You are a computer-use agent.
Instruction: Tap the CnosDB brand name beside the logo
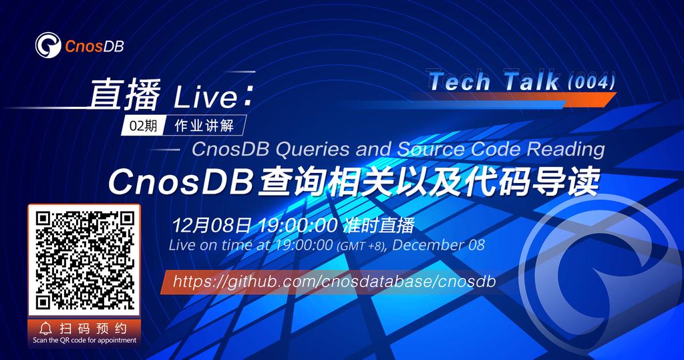(94, 46)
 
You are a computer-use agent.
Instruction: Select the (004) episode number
(590, 81)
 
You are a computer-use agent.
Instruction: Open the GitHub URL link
(334, 281)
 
